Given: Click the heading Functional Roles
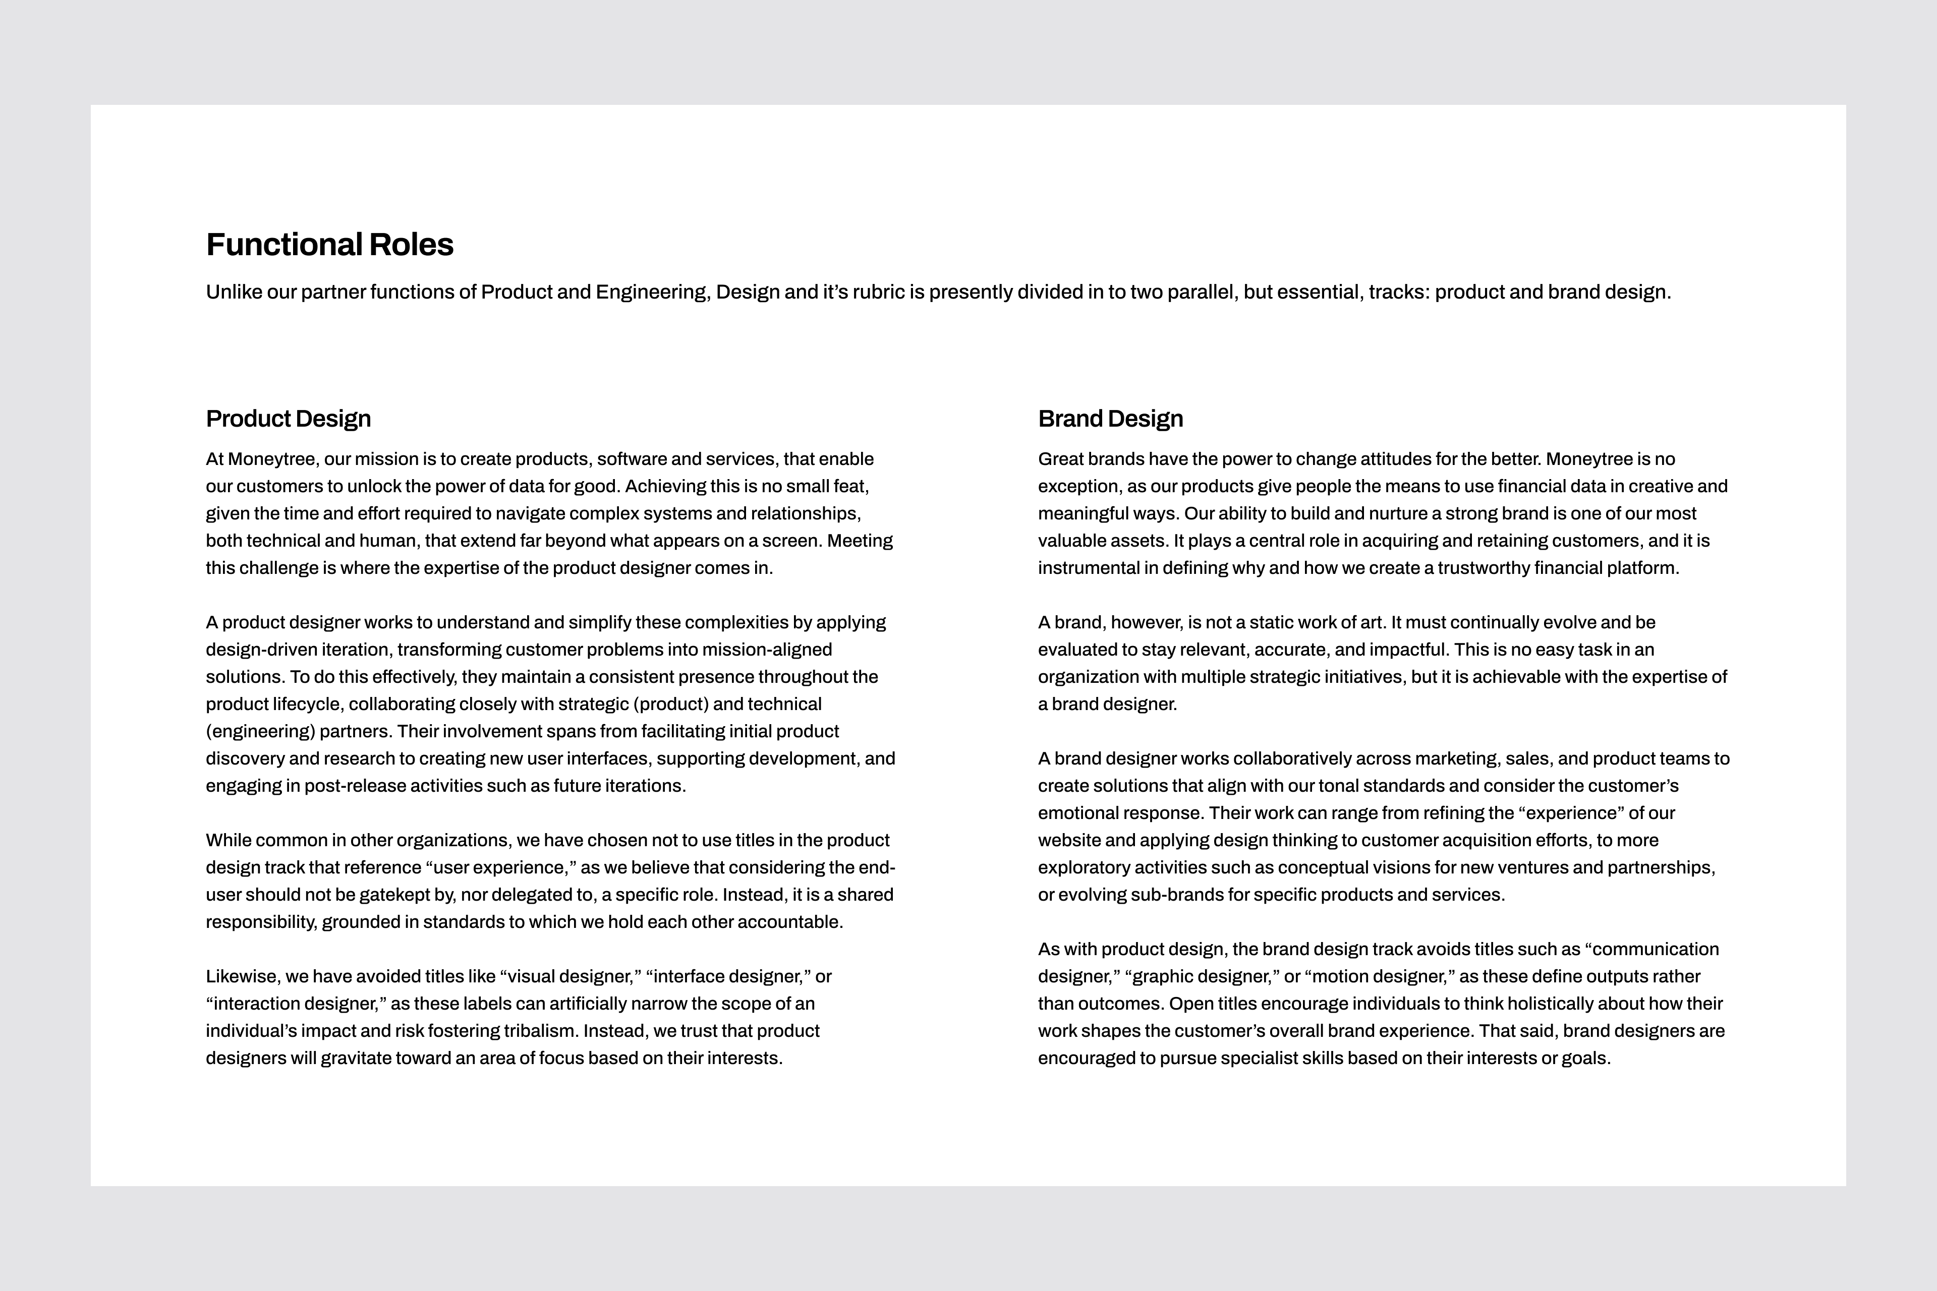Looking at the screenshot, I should [329, 245].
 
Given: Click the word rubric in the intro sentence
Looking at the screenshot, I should [878, 292].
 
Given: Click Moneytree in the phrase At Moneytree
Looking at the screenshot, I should [272, 459].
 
